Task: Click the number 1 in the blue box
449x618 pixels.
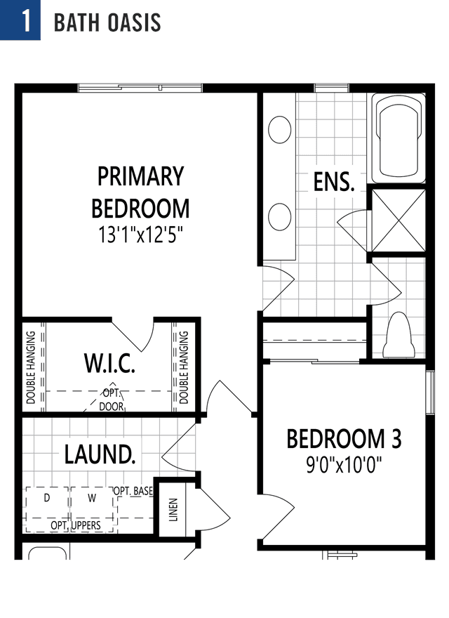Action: coord(26,20)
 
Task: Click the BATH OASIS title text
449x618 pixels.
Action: coord(107,22)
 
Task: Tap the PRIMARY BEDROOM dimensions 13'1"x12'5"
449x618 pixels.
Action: coord(140,235)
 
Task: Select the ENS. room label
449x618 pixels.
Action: coord(334,182)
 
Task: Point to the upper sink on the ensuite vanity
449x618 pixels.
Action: coord(280,130)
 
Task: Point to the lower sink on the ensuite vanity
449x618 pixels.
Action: coord(280,217)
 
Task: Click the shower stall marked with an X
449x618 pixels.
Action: coord(398,221)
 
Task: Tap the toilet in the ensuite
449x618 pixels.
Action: coord(398,336)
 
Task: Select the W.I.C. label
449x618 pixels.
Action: coord(109,363)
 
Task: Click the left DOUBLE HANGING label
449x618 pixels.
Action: coord(31,367)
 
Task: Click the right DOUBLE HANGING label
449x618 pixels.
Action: coord(184,367)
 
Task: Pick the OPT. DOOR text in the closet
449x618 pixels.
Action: coord(112,400)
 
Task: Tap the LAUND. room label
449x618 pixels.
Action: coord(100,454)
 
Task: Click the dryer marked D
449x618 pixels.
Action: coord(47,509)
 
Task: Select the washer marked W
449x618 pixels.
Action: coord(93,509)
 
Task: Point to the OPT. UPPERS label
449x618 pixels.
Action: coord(76,525)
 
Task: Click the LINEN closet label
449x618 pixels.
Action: coord(173,510)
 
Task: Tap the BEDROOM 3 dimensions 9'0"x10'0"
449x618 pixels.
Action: coord(344,465)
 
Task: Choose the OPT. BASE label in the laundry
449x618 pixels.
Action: coord(133,491)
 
